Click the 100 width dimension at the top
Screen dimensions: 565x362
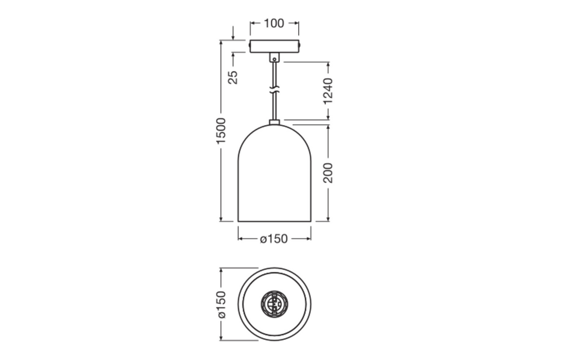click(x=274, y=24)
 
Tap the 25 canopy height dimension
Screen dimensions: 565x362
click(x=233, y=77)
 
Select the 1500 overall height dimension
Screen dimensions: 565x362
click(x=221, y=131)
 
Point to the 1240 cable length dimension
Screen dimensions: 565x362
click(x=328, y=91)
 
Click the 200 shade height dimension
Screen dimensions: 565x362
click(x=328, y=173)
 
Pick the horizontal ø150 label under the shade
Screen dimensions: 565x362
click(x=274, y=239)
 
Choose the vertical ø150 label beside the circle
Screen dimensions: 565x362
click(x=221, y=305)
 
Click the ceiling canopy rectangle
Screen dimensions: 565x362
click(x=274, y=46)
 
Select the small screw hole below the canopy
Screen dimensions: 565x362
click(x=274, y=60)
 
